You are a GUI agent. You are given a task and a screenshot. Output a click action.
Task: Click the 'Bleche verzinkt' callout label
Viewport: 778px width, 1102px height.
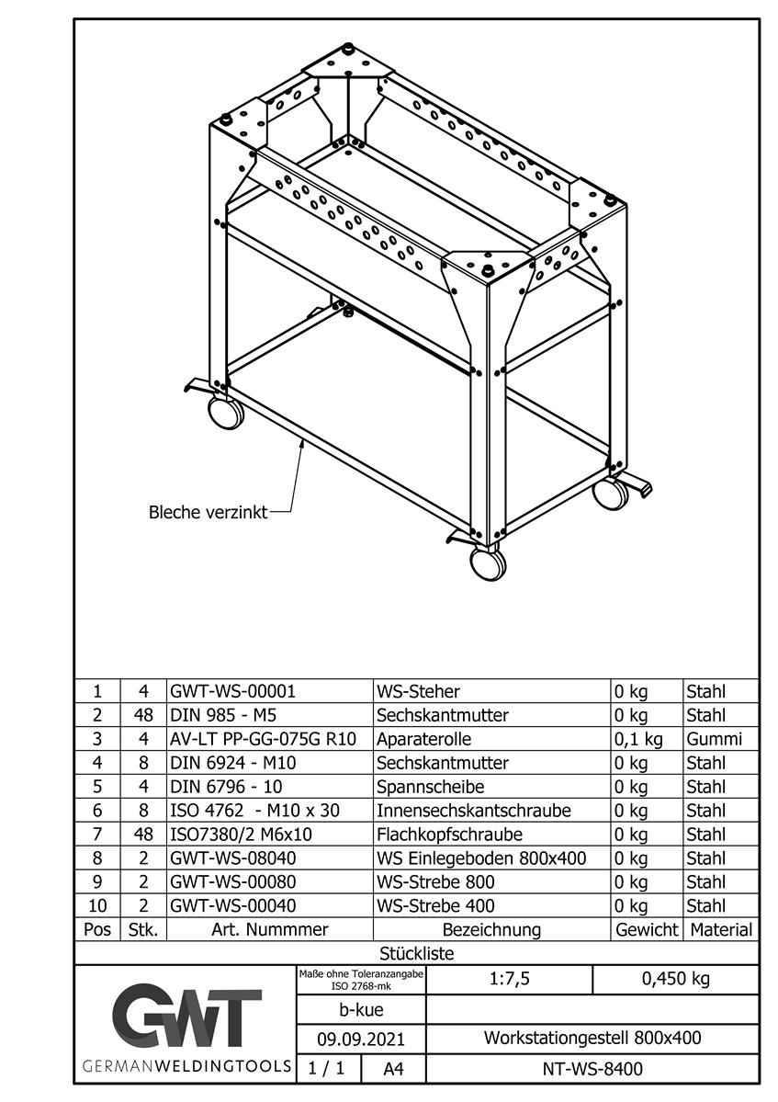[x=208, y=512]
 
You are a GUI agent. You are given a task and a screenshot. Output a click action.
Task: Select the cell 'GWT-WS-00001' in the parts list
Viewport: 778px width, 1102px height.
[x=232, y=691]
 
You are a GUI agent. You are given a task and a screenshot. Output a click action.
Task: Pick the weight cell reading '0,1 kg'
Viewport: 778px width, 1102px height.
[x=637, y=739]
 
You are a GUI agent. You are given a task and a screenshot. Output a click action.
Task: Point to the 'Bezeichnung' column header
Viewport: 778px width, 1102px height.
[x=491, y=929]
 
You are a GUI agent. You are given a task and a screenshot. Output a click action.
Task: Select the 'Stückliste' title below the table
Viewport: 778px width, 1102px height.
[x=416, y=954]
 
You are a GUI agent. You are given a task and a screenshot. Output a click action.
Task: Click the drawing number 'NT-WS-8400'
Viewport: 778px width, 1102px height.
[x=592, y=1069]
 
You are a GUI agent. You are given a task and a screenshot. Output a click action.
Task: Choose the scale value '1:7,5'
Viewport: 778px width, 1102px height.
[x=510, y=979]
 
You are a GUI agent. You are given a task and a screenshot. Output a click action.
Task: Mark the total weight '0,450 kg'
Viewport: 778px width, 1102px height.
[x=675, y=979]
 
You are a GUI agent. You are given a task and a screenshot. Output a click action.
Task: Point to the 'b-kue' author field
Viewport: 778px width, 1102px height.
[x=361, y=1010]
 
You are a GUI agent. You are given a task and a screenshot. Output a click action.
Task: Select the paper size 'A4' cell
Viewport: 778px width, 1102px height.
[x=392, y=1069]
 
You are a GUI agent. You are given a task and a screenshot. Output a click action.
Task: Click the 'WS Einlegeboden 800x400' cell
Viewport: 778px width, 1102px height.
[x=481, y=858]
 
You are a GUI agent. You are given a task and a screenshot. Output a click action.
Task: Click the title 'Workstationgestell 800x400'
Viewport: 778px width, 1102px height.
[x=592, y=1039]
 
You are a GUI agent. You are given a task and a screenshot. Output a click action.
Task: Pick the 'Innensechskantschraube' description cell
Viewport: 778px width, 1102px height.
[x=473, y=811]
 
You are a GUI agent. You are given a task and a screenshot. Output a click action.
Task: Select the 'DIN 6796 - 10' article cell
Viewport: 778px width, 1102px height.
[x=224, y=787]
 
